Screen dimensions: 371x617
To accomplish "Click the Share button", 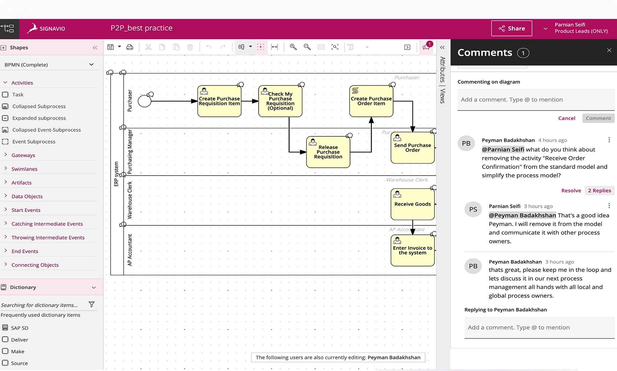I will (x=511, y=28).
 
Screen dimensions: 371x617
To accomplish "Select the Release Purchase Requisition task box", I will (x=328, y=152).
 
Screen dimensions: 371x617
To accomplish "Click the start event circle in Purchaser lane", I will (x=144, y=101).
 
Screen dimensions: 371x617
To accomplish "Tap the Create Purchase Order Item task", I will (x=371, y=101).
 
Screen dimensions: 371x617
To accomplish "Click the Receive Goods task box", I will (x=412, y=204).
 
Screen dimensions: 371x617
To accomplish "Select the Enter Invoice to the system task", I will (x=412, y=250).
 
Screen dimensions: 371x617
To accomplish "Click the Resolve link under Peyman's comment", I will (x=571, y=191).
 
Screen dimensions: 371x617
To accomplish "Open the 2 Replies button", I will (x=599, y=191).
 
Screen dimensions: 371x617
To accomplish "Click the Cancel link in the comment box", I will (x=567, y=118).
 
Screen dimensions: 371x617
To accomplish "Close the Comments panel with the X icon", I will (x=609, y=50).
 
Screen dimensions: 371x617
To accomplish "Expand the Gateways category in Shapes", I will (x=23, y=155).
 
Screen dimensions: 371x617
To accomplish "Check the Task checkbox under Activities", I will (x=5, y=95).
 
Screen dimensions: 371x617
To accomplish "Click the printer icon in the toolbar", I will (x=130, y=47).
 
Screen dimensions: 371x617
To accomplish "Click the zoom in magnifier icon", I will (x=293, y=47).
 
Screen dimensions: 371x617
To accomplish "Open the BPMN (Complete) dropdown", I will (x=49, y=65).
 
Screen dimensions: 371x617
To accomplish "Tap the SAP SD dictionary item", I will (x=20, y=328).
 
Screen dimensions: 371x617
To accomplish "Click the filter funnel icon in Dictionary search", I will (x=91, y=304).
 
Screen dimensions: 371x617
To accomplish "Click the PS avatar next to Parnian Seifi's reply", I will (x=473, y=209).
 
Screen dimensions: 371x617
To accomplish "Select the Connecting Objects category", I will (x=35, y=265).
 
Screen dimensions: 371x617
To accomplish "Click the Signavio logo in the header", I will (x=46, y=28).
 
